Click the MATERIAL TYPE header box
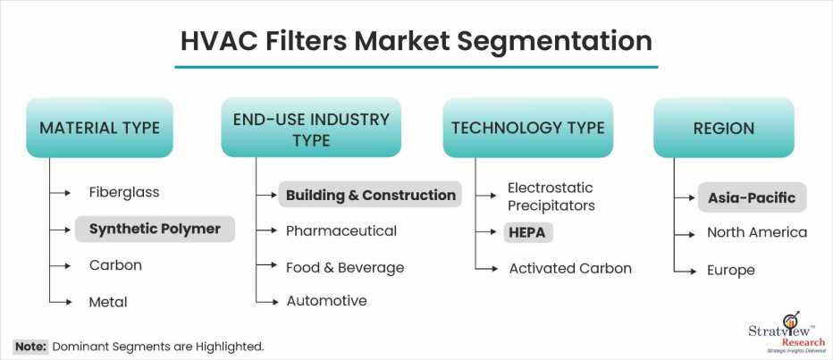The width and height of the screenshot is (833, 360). [99, 128]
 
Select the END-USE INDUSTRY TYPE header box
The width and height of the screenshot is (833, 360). [311, 128]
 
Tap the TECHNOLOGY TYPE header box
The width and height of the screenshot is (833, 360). [528, 128]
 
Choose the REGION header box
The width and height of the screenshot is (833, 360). [724, 128]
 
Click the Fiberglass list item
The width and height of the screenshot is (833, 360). [124, 192]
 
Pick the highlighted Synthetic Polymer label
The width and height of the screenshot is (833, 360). [155, 229]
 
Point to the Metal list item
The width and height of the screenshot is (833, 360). [108, 302]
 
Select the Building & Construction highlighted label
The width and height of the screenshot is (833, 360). [370, 195]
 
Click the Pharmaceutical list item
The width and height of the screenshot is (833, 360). [341, 231]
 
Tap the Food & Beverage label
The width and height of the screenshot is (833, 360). [345, 268]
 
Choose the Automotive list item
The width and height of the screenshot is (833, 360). [327, 301]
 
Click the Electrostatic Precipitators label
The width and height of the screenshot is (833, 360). [551, 197]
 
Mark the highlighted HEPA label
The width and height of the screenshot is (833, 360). [528, 232]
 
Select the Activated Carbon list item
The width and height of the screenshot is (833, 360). [570, 269]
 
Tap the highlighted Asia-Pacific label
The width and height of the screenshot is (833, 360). [752, 197]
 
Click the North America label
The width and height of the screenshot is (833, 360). [757, 232]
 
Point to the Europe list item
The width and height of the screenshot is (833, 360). [730, 271]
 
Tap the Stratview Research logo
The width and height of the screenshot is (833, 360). [787, 334]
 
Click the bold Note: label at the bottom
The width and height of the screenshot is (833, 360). [30, 347]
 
